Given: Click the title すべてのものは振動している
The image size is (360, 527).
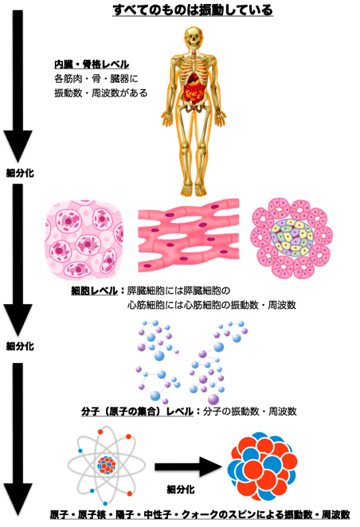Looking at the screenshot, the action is (x=192, y=10).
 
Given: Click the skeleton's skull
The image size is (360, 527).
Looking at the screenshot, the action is (x=194, y=37).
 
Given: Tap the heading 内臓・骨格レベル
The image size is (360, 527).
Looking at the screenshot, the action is (x=92, y=64).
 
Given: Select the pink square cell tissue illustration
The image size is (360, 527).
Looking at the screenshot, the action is (x=84, y=240).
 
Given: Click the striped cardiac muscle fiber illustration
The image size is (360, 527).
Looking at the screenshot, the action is (x=189, y=236).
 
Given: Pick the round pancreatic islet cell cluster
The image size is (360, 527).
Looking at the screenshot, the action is (x=292, y=238).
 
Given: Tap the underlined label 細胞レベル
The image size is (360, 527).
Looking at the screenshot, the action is (x=95, y=291).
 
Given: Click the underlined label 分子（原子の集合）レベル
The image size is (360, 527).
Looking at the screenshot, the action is (x=138, y=412).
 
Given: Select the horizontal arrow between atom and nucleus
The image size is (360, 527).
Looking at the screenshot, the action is (x=188, y=466).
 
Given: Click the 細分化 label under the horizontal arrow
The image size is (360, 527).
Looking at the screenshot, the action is (x=181, y=490).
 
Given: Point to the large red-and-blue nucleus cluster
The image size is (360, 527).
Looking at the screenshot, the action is (x=262, y=466).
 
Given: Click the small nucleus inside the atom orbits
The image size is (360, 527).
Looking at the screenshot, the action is (x=106, y=465).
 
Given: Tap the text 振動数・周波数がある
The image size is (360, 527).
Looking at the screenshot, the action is (x=101, y=93).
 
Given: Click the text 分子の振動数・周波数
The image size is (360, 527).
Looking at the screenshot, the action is (x=250, y=412).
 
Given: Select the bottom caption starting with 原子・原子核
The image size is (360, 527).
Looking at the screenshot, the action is (x=200, y=514).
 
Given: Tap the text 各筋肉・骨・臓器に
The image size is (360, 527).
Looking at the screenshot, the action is (x=96, y=79).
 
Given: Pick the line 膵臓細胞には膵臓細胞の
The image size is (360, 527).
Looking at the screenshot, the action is (x=178, y=291).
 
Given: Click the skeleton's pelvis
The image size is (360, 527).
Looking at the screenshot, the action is (x=194, y=107).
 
